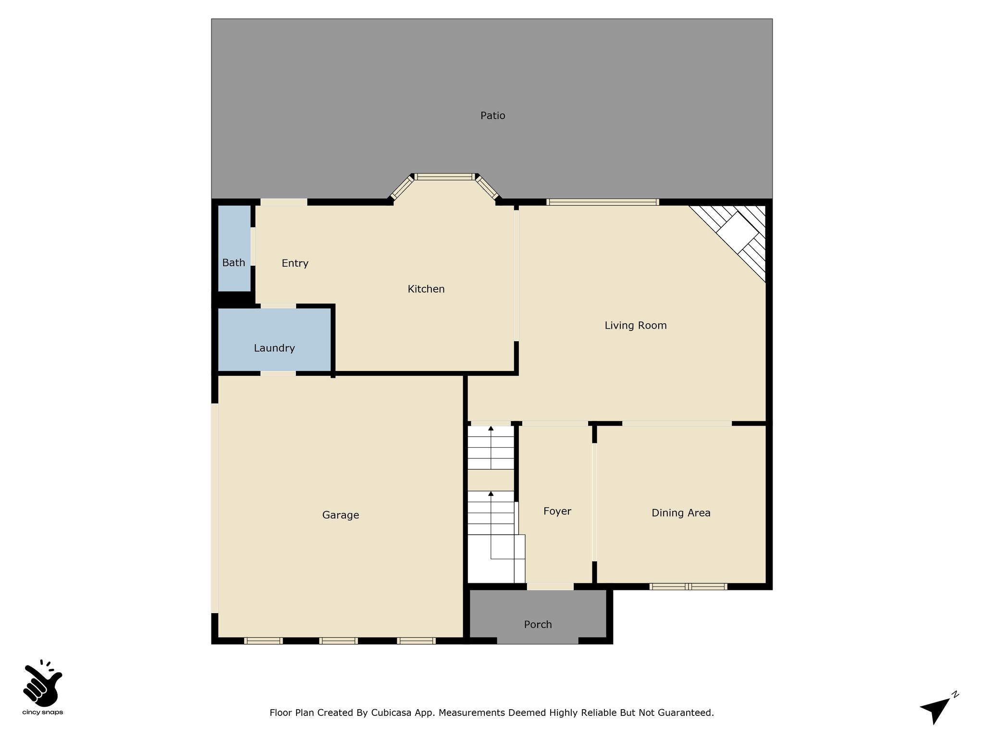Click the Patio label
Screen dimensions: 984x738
point(492,115)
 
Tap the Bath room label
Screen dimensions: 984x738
point(234,263)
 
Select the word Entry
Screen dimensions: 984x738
point(295,263)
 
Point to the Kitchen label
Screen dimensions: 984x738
point(426,289)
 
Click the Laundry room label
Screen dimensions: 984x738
point(274,348)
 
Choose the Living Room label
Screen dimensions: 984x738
point(636,326)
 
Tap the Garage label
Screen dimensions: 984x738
point(341,515)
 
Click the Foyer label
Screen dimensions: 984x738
point(557,511)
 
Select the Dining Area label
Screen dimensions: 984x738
point(681,513)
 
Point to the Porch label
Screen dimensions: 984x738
point(538,625)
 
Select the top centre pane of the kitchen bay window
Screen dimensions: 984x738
point(444,177)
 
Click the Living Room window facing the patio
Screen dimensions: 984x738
point(603,202)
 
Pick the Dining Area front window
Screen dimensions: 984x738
point(688,587)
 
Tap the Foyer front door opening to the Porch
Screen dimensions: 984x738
point(550,587)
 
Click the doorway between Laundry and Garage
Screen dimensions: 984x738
point(278,373)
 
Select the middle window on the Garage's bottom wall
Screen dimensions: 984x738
point(338,640)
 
